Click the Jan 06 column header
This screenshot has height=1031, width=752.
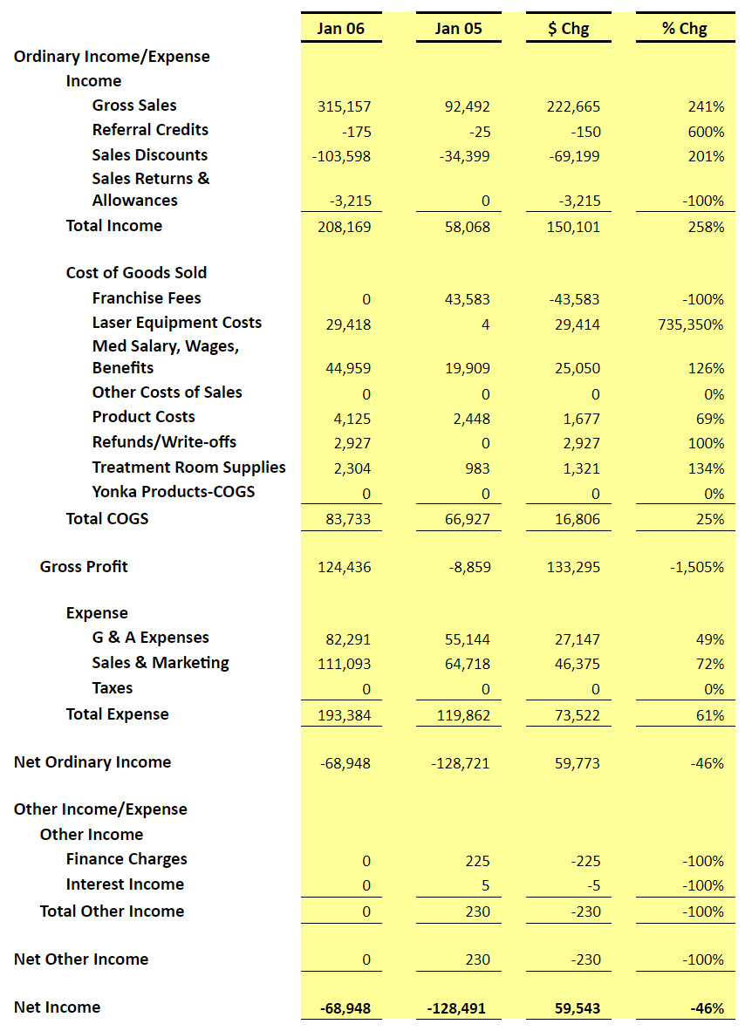[x=340, y=28]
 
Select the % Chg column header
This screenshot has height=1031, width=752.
[x=684, y=28]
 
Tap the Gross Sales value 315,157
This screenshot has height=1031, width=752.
[x=344, y=106]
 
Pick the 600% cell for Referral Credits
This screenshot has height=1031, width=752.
[x=706, y=132]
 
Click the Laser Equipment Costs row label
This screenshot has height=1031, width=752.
[x=177, y=323]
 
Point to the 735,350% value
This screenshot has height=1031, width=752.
[x=691, y=324]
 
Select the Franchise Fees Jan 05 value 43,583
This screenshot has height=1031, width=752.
[x=467, y=300]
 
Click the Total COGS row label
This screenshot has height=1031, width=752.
[x=107, y=519]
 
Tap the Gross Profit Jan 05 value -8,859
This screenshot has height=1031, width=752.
[x=469, y=567]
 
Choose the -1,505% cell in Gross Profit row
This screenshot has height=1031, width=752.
[x=697, y=567]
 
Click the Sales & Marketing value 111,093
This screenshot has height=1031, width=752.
[x=344, y=664]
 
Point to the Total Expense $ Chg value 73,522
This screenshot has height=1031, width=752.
[x=577, y=715]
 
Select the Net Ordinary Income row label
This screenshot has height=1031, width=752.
[x=92, y=762]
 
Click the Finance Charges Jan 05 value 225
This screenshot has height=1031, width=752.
[x=478, y=862]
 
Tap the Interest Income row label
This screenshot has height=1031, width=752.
[x=125, y=884]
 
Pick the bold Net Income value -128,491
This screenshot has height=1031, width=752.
[x=456, y=1008]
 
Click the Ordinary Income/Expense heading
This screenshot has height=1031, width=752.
[x=112, y=57]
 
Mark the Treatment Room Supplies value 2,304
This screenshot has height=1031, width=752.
[x=352, y=468]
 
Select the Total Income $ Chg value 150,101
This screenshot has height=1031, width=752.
[x=573, y=228]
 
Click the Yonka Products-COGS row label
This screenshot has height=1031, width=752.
[x=174, y=492]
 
